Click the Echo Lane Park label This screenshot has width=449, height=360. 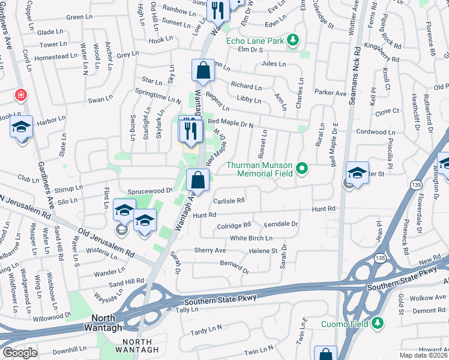click(255, 41)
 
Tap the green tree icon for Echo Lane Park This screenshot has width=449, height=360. click(293, 40)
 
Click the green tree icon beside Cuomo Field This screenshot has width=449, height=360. click(378, 324)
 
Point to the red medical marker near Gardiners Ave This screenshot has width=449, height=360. click(21, 95)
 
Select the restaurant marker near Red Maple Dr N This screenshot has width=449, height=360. click(191, 129)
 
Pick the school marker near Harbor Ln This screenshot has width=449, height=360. click(21, 127)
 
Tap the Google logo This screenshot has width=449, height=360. click(20, 353)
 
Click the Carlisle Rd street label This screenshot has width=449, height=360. click(228, 200)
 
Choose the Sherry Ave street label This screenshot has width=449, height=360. click(209, 250)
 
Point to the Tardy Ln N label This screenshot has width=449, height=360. click(206, 330)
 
